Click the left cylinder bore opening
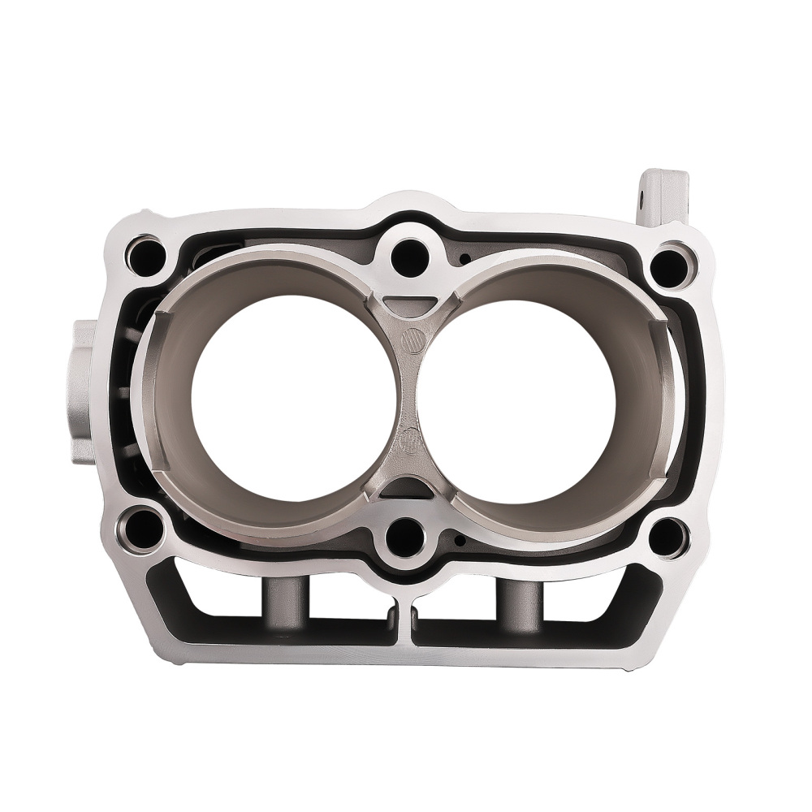point(294,398)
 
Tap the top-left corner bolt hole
point(146,255)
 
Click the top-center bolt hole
point(409,257)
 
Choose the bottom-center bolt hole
point(405,536)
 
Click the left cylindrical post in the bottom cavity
point(284,605)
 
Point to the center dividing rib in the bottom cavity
point(404,621)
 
